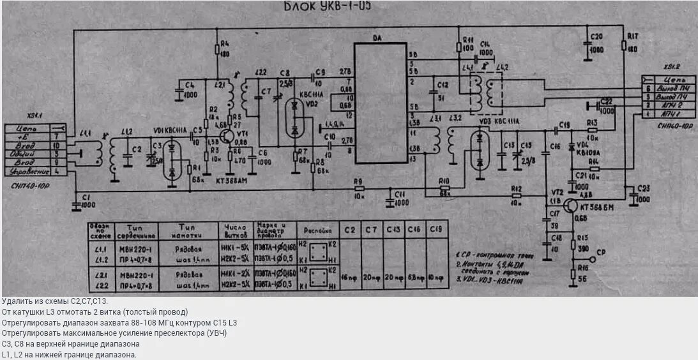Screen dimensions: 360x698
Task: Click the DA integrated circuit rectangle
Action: click(380, 102)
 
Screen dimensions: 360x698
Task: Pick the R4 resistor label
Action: click(224, 43)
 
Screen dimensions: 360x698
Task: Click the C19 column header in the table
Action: click(436, 229)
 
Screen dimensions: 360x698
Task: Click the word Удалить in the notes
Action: click(15, 301)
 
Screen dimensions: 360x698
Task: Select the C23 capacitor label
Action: click(642, 188)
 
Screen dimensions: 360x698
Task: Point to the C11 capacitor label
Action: click(400, 193)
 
